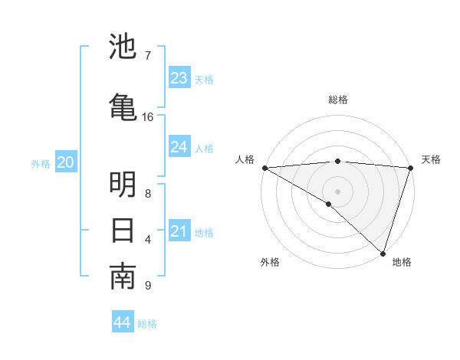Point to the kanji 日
pos(123,230)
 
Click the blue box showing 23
pos(179,78)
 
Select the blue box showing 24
pos(179,147)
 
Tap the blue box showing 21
pos(179,231)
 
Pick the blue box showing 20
pos(65,162)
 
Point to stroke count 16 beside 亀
pos(148,117)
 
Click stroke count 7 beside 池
pos(147,55)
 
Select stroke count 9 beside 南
pos(147,286)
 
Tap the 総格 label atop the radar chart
pos(338,100)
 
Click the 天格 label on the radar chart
pos(431,159)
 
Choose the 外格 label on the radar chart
pos(270,262)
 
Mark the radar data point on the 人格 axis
pos(264,168)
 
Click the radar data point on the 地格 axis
pos(383,253)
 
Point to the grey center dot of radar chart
pos(337,191)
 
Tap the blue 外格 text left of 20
pos(41,163)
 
